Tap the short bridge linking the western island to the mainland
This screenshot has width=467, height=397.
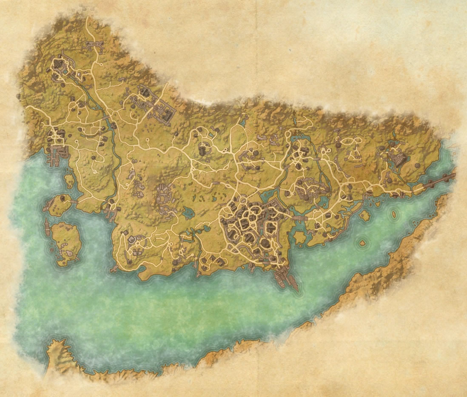point(75,201)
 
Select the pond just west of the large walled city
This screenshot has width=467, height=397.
point(188,210)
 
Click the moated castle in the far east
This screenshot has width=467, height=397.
point(399,160)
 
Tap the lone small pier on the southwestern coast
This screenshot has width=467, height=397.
point(114,269)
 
